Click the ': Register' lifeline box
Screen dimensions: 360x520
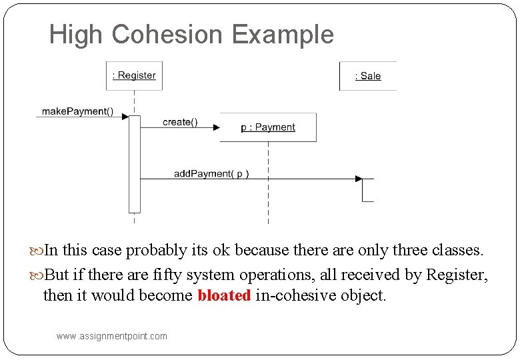click(x=134, y=75)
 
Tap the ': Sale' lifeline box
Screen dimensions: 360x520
click(x=367, y=76)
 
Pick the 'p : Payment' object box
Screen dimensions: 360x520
click(x=268, y=127)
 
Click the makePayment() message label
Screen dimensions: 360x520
click(x=77, y=111)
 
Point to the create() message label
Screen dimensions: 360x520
click(x=180, y=122)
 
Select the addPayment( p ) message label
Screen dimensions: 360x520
click(x=211, y=173)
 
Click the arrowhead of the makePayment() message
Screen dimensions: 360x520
click(x=125, y=117)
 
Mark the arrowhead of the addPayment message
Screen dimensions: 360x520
click(x=358, y=179)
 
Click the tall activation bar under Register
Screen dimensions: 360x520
click(x=135, y=163)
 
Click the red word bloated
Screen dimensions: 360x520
click(x=224, y=295)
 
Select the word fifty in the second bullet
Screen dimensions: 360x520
click(x=172, y=274)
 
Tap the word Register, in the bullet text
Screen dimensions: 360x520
click(x=457, y=274)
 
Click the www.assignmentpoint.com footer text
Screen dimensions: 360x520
click(x=112, y=336)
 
